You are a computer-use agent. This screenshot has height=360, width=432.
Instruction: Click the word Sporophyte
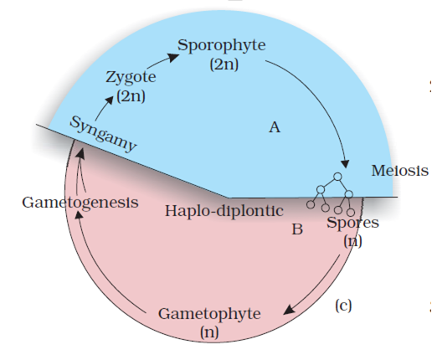(x=222, y=45)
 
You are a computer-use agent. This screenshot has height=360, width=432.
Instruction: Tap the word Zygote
(x=131, y=77)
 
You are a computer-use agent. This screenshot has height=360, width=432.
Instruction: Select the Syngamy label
(x=103, y=134)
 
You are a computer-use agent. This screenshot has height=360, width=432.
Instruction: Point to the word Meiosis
(x=399, y=170)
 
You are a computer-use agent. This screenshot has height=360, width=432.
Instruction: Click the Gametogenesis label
(x=80, y=203)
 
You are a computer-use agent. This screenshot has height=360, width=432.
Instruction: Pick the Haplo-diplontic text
(x=224, y=211)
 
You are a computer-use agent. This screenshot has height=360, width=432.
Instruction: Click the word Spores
(x=352, y=223)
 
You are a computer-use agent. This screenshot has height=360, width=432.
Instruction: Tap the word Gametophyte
(x=209, y=314)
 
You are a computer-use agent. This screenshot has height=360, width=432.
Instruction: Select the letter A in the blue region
(x=275, y=127)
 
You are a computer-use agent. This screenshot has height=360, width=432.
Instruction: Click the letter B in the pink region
(x=297, y=229)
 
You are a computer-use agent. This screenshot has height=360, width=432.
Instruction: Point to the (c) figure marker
(x=343, y=306)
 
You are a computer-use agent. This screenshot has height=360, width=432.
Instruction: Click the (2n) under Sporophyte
(x=224, y=64)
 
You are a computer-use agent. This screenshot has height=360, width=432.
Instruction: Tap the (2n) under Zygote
(x=131, y=96)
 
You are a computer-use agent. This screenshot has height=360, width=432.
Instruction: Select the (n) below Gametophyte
(x=209, y=332)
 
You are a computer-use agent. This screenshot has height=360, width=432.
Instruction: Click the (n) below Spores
(x=352, y=241)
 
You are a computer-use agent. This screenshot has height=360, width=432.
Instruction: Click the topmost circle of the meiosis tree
(x=337, y=177)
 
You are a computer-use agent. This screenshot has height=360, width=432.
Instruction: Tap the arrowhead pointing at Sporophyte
(x=173, y=57)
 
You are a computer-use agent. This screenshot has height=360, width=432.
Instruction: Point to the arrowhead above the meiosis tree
(x=346, y=164)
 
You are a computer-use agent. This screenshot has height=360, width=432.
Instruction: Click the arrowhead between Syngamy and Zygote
(x=110, y=100)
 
